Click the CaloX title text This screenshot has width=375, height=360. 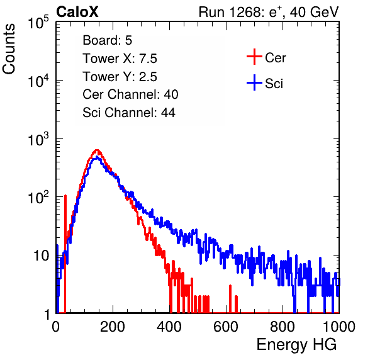coord(77,12)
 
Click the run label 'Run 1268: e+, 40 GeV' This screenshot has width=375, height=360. coord(269,12)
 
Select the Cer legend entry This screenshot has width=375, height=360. coord(266,57)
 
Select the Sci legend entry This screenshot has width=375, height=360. coord(265,83)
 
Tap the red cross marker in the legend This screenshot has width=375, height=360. coord(254,57)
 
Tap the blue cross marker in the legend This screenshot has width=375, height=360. coord(254,82)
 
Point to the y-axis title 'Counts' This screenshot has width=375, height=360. coord(9,48)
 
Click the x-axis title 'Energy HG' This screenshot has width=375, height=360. coord(296,345)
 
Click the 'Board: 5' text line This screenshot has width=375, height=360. coord(108,40)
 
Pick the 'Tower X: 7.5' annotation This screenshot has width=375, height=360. coord(120,59)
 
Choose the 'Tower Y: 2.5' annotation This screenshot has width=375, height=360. coord(120,77)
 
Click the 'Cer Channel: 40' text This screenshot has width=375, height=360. coord(130,94)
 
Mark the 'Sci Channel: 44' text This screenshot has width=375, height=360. coord(129,113)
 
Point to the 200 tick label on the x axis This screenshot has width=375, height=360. coord(113,327)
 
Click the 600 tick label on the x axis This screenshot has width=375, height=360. coord(226,327)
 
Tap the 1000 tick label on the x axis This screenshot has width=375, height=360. coord(339,327)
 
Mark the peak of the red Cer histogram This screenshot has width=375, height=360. coord(96,150)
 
